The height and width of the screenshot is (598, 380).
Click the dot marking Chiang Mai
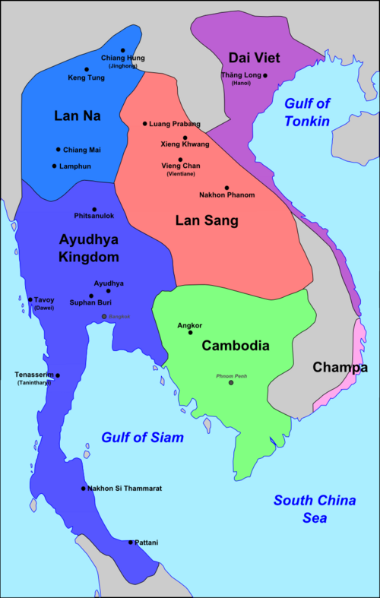point(58,150)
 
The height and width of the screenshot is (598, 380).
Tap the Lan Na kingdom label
point(78,115)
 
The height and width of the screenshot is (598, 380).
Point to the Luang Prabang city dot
point(145,123)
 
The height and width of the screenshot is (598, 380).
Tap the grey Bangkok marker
point(104,316)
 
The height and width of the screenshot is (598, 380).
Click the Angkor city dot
point(190,332)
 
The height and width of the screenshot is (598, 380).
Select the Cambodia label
point(236,345)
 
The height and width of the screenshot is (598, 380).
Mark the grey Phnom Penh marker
point(232,382)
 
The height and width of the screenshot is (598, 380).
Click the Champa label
point(340,368)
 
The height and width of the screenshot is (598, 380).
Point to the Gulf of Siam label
point(143,438)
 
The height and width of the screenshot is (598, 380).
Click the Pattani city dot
point(131,543)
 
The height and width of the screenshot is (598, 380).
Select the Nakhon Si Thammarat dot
point(84,489)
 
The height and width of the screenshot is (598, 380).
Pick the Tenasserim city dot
point(57,375)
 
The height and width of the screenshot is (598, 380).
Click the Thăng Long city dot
point(265,76)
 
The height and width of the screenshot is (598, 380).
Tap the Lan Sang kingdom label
point(207,220)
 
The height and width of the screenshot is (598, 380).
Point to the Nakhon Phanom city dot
point(226,188)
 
